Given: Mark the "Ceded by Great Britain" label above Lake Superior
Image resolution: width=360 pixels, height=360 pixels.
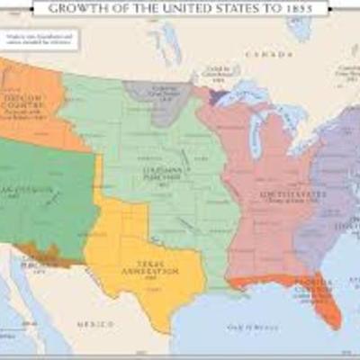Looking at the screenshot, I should coord(219,70).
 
